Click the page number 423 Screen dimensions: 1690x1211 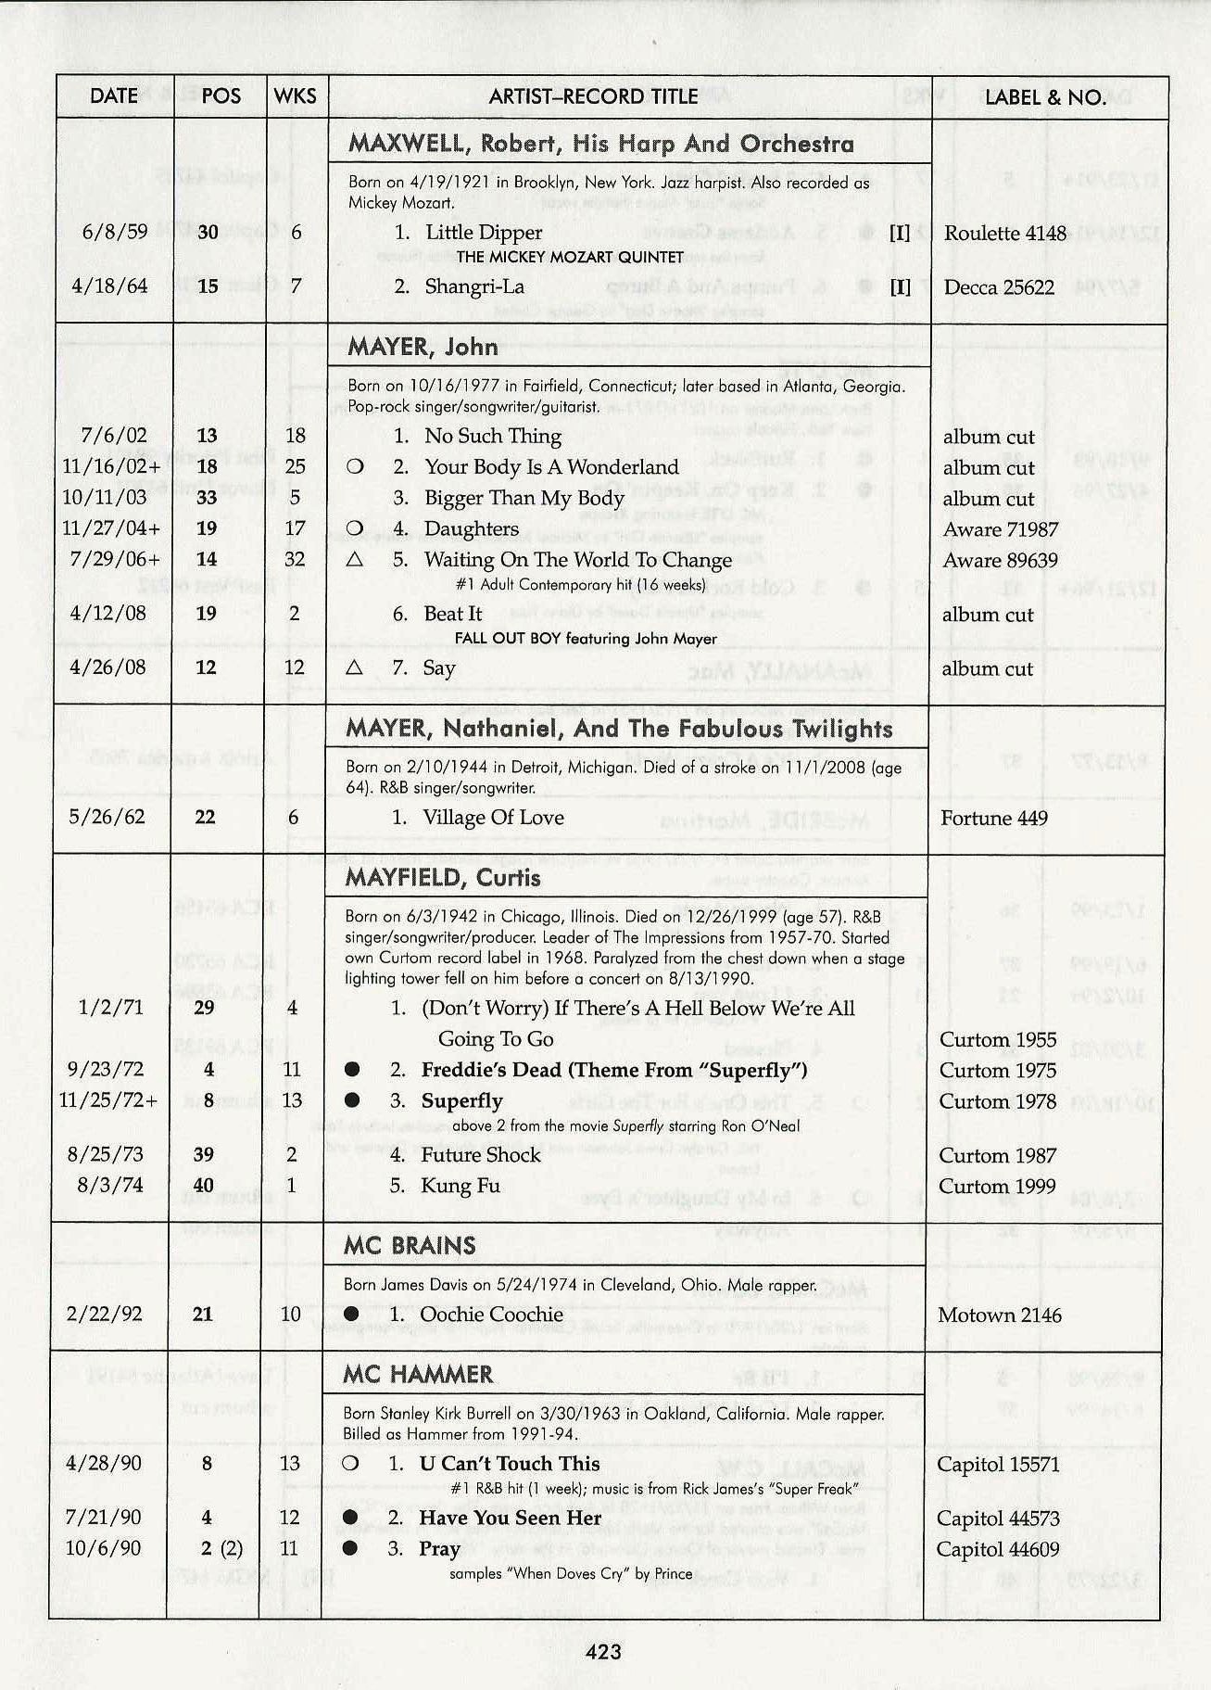(x=603, y=1650)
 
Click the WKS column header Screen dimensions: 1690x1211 (x=295, y=96)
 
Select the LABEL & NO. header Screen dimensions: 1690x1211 (x=1044, y=97)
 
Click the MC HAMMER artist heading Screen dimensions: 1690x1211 (x=418, y=1374)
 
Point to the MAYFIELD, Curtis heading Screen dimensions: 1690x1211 (x=443, y=877)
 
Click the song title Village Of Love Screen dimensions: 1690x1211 (x=493, y=818)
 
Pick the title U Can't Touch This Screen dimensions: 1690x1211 (x=509, y=1464)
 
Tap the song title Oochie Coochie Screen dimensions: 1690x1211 (x=491, y=1315)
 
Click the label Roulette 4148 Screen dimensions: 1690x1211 (x=1005, y=234)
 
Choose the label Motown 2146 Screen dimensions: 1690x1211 (x=999, y=1315)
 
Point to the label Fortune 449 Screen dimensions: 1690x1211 (x=993, y=818)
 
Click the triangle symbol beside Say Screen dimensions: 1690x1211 (x=353, y=667)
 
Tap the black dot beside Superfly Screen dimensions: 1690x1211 (x=351, y=1100)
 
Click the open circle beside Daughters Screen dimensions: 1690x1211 (x=353, y=528)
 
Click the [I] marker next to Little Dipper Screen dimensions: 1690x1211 (x=899, y=233)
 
